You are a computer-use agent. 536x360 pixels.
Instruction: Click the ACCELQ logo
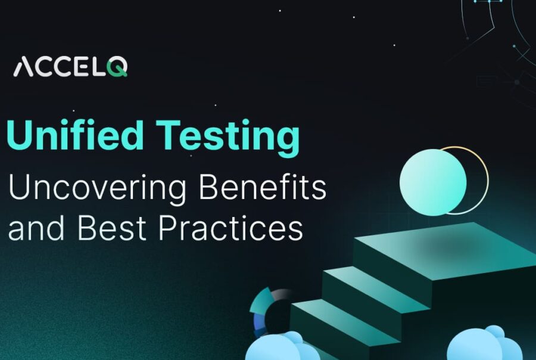70,67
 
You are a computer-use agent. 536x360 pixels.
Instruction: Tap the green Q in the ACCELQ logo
118,67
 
